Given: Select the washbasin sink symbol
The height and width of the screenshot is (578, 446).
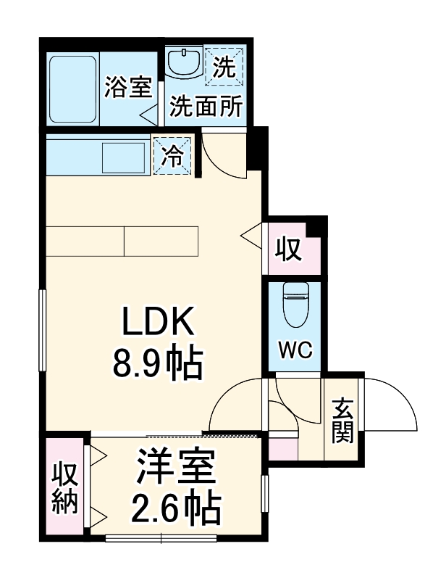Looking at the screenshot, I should [x=183, y=63].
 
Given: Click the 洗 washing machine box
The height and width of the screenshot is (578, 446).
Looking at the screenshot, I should [x=224, y=68].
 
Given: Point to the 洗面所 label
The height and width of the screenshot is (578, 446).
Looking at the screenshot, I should [x=206, y=107].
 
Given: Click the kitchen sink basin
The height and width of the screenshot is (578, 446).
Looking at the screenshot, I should [x=124, y=157].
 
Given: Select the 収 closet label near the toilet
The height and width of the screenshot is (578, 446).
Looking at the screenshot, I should [x=287, y=250].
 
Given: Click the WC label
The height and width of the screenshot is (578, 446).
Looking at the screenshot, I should [x=295, y=350].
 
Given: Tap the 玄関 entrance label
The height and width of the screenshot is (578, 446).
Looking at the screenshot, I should [x=342, y=421].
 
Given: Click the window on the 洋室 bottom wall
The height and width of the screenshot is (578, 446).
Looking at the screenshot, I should [x=161, y=538].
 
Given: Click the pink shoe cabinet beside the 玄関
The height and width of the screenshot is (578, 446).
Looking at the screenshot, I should [x=282, y=448].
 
